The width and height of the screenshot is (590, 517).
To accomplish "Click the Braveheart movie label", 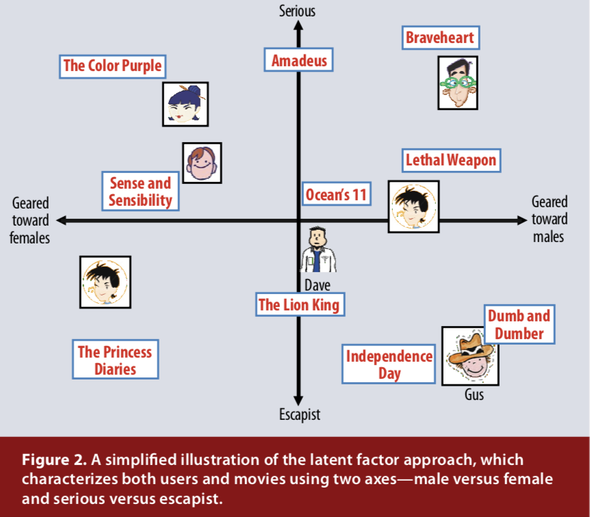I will [x=440, y=37].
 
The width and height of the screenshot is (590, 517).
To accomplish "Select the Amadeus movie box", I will [x=299, y=60].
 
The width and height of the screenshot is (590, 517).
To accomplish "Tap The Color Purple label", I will [x=113, y=66].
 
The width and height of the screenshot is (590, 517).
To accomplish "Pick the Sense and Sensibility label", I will [x=140, y=191].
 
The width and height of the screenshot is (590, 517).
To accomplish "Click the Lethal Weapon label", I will [x=450, y=161].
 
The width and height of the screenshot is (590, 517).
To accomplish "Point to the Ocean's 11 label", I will [x=336, y=195].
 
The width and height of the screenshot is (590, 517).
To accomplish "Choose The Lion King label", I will [x=298, y=304].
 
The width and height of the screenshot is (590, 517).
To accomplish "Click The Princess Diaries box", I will [x=116, y=360].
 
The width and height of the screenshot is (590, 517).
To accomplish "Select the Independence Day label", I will [x=389, y=364].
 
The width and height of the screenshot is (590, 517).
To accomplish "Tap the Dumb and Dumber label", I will [x=519, y=324].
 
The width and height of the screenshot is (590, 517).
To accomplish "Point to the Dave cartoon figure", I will [x=317, y=250].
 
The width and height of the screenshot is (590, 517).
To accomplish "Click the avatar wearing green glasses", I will [x=457, y=83].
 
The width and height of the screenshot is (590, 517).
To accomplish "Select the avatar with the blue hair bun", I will [x=185, y=104].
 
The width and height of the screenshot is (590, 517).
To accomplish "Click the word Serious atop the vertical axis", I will [x=298, y=10].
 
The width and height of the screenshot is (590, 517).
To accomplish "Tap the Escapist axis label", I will [x=299, y=414].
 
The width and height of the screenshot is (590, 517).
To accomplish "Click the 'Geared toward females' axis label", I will [x=30, y=220].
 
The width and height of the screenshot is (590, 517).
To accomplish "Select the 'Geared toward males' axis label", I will [x=550, y=219].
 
